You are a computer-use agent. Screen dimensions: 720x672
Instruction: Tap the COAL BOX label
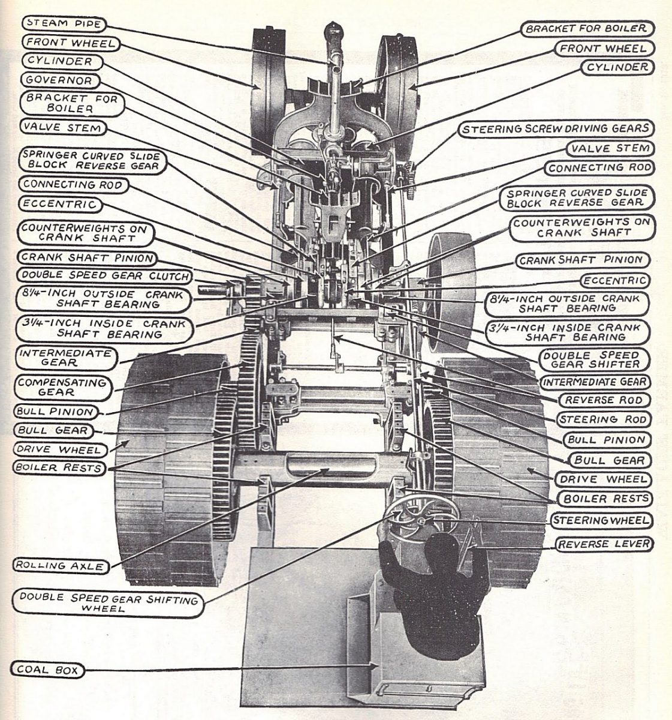[48, 670]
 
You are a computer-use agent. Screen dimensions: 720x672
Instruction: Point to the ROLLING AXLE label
[56, 565]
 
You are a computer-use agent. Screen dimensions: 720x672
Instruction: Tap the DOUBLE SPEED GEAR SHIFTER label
[590, 359]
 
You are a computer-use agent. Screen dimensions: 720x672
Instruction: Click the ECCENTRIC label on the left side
[59, 205]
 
